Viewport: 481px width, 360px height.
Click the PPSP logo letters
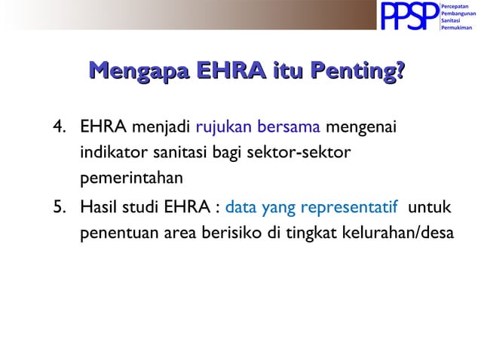[x=409, y=16]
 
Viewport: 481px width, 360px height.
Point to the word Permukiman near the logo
[x=457, y=27]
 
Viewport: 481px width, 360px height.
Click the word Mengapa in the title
[x=136, y=73]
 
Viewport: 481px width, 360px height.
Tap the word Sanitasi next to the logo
[x=453, y=20]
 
